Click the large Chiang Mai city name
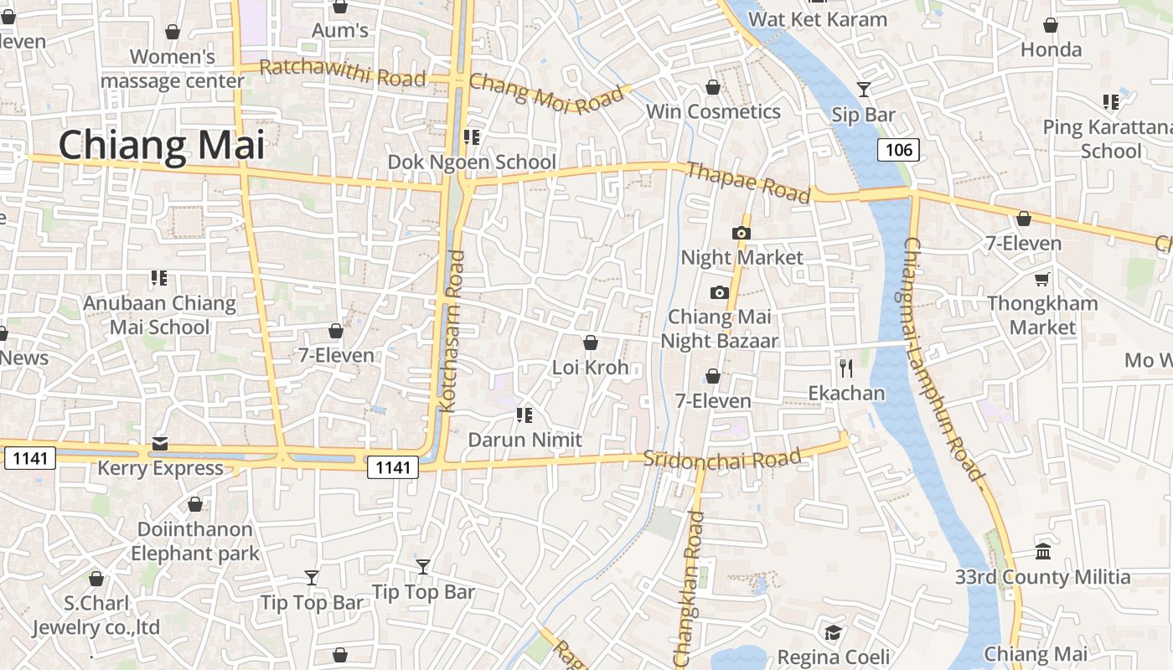pos(161,145)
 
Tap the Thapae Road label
pos(748,183)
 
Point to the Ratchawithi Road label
pos(343,73)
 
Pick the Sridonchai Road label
pos(722,460)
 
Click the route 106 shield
pos(898,150)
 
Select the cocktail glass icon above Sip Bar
pos(864,89)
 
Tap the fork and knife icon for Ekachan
pos(846,368)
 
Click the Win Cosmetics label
pos(713,111)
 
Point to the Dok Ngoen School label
pos(472,162)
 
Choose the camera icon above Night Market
pos(742,233)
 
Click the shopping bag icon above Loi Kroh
pos(590,343)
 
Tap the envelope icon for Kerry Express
pos(160,443)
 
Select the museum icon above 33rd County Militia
pos(1043,552)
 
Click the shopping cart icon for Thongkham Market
pos(1042,279)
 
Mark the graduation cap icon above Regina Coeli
pos(833,632)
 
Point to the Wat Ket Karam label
pos(817,19)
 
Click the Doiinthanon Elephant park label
pos(195,541)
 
